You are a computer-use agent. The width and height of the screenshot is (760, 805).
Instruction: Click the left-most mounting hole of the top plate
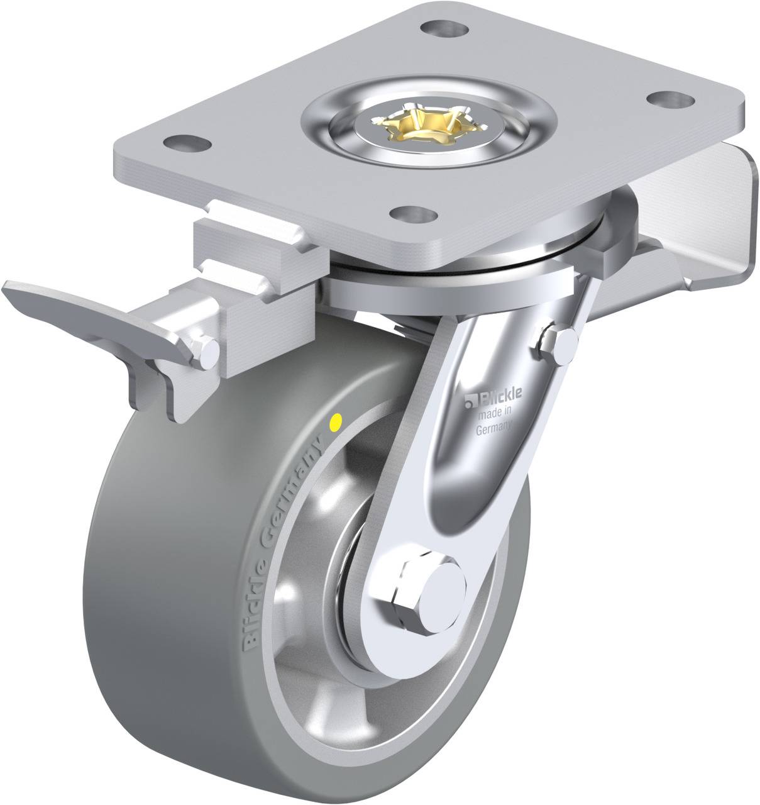click(x=182, y=139)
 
